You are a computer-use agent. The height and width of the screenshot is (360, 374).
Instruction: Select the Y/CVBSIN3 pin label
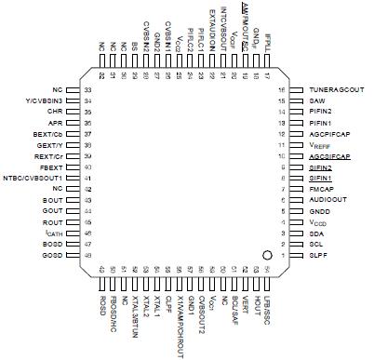[44, 100]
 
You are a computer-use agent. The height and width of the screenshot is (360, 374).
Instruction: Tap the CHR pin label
[55, 112]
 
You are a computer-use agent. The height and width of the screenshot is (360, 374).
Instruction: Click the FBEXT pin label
[52, 167]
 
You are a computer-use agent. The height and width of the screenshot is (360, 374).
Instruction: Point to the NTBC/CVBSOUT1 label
[33, 178]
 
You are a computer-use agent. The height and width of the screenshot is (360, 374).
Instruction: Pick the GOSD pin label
[52, 255]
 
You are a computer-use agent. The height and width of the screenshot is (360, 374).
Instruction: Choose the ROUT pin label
[52, 221]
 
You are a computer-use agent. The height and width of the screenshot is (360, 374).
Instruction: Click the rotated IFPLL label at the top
[266, 40]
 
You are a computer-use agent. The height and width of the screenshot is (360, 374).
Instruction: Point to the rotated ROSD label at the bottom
[101, 307]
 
